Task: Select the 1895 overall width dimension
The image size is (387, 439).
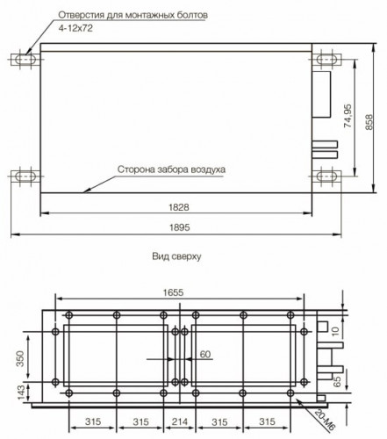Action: tap(181, 227)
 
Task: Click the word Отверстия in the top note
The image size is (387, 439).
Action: tap(80, 16)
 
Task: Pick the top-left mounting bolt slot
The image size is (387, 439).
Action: tap(24, 61)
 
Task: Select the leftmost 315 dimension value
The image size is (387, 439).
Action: tap(80, 421)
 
